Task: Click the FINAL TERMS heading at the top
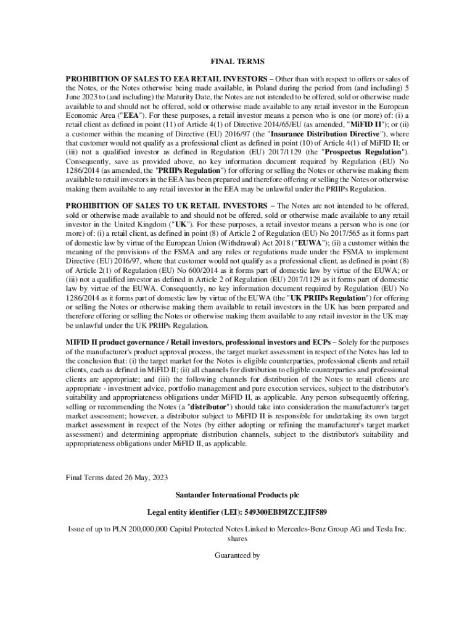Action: pos(237,62)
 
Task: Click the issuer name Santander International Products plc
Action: pos(237,495)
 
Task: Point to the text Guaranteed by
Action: pos(237,555)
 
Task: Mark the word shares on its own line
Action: pos(237,538)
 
